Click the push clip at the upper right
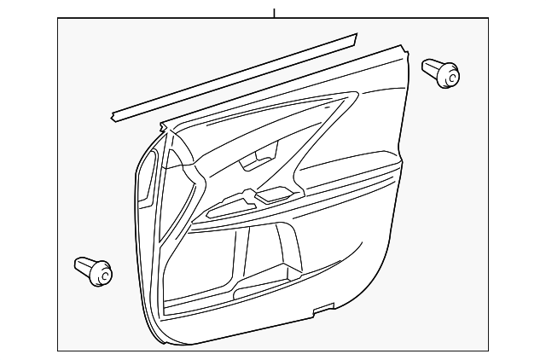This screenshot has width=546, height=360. (x=440, y=72)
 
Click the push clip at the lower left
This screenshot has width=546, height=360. (x=95, y=270)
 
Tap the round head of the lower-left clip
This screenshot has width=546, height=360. (x=102, y=274)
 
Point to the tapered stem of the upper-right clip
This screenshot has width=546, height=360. (x=431, y=67)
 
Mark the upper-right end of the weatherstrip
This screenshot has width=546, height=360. (x=352, y=38)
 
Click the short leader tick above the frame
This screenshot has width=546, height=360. (x=274, y=13)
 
